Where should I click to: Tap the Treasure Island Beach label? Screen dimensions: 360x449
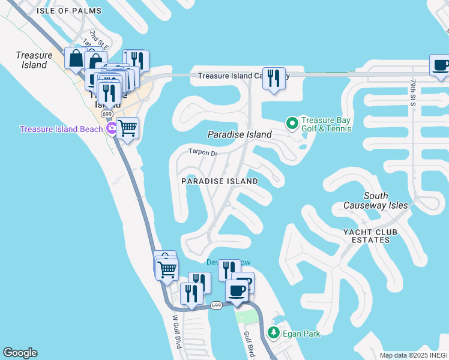click(61, 129)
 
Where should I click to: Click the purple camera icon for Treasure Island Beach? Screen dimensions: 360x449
click(111, 128)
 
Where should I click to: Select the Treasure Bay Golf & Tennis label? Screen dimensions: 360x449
click(325, 124)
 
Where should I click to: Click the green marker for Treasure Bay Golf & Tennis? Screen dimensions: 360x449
click(292, 124)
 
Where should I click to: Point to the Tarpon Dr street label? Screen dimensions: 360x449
click(202, 153)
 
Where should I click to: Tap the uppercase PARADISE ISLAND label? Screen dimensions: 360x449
click(219, 181)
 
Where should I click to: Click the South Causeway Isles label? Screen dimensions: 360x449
click(376, 200)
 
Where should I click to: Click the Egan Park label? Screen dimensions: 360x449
click(303, 334)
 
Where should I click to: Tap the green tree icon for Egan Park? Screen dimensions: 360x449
click(274, 332)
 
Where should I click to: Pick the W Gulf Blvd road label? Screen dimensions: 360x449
click(176, 332)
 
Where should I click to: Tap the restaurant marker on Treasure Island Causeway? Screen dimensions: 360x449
click(273, 78)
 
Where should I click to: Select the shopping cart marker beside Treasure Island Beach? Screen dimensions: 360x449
click(127, 127)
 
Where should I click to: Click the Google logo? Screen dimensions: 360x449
click(20, 353)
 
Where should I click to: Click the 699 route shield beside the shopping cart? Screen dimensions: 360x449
click(107, 113)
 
